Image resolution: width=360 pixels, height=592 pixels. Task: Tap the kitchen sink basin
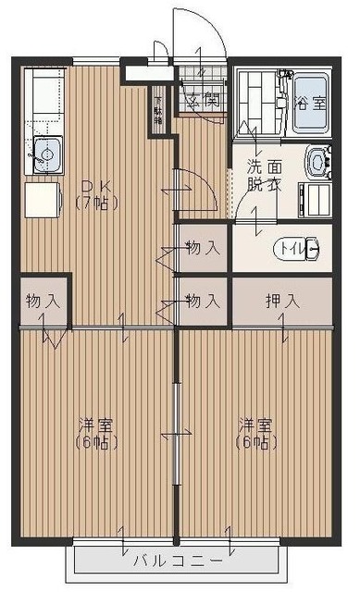tap(47, 152)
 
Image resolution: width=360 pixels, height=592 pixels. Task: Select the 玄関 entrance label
tap(204, 99)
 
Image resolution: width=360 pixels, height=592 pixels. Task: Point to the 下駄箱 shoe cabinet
tap(158, 109)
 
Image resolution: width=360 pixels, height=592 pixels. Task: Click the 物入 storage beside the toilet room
tap(202, 247)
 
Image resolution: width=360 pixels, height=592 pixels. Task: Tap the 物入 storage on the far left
tap(42, 301)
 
